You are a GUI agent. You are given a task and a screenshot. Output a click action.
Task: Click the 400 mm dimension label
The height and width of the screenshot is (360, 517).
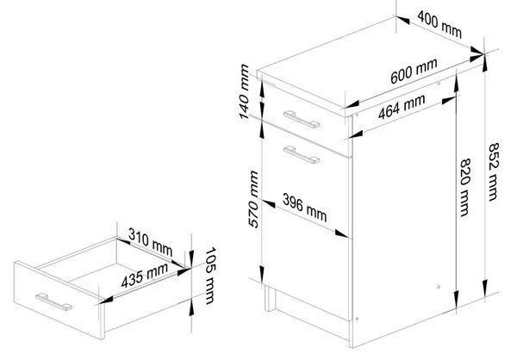[439, 24]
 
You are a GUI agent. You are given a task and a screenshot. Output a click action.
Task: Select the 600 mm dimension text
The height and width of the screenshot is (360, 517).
[414, 71]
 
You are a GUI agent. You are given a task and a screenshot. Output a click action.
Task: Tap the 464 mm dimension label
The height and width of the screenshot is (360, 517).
[402, 107]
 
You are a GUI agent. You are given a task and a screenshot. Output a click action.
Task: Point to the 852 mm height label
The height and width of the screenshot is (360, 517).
[493, 171]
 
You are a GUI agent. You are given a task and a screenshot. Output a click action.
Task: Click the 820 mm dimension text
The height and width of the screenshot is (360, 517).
[465, 187]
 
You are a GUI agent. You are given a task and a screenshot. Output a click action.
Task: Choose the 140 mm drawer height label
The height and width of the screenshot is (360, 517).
[244, 91]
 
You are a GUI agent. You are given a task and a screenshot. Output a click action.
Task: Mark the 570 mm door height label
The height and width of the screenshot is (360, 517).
[253, 199]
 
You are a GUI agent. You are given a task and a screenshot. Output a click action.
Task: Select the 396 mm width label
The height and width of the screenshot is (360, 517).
[305, 208]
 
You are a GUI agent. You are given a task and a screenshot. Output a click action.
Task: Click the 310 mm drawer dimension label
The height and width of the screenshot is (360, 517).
[150, 242]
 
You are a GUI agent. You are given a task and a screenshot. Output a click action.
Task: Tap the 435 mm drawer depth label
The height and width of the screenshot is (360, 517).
[145, 276]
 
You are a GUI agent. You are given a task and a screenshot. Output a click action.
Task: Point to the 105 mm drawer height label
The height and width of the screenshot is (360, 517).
[210, 276]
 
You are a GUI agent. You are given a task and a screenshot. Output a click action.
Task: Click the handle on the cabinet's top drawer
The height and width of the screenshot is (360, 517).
[302, 119]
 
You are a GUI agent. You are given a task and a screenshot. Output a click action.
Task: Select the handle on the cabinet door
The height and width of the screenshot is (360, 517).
[302, 155]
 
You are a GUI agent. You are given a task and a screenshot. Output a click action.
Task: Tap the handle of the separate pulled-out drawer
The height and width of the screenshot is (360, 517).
[54, 301]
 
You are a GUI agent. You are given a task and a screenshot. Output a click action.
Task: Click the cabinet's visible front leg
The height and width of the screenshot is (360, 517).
[270, 298]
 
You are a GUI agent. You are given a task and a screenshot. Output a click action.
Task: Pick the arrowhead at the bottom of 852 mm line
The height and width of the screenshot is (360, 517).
[484, 287]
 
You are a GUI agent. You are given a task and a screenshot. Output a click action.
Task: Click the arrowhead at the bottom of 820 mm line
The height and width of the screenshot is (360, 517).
[457, 299]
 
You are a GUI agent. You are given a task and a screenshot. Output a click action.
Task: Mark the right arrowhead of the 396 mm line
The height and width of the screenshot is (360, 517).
[341, 233]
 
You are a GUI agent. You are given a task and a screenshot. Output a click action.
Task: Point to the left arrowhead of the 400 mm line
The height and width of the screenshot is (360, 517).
[403, 20]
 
